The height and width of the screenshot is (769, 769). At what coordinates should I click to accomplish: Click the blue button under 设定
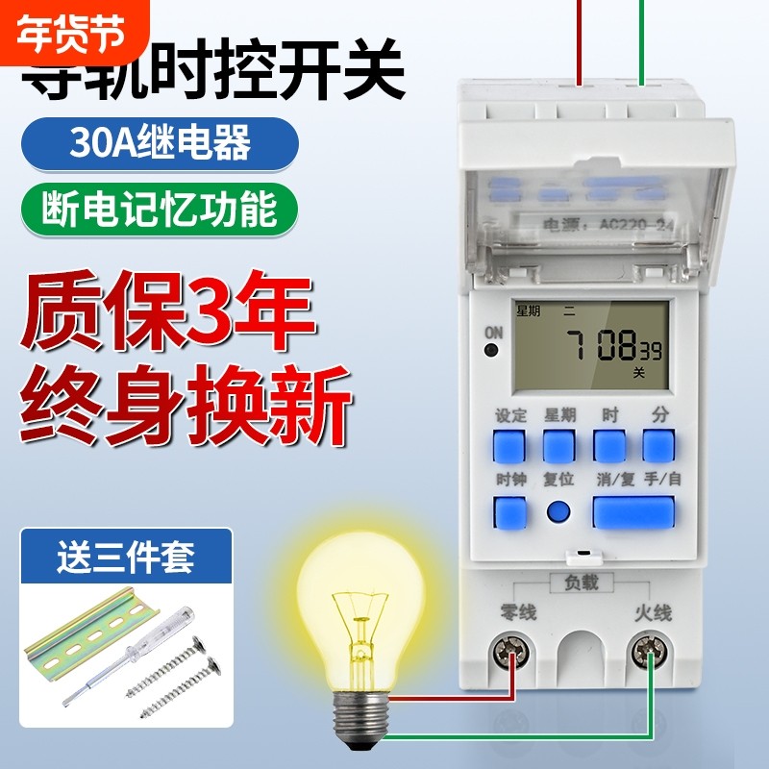(x=509, y=447)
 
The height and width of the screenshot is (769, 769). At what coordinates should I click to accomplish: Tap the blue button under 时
(x=608, y=447)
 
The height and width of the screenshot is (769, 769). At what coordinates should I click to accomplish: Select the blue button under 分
(x=658, y=447)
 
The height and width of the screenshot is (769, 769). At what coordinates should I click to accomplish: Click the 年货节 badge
(x=72, y=32)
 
